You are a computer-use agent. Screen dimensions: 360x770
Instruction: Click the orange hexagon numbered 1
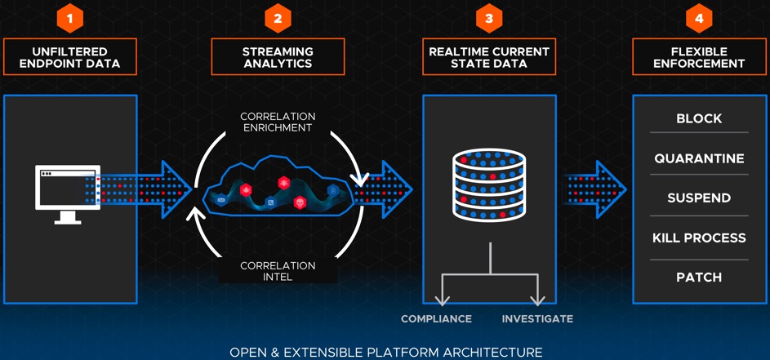click(69, 18)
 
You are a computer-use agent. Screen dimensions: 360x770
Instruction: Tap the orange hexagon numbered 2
click(278, 18)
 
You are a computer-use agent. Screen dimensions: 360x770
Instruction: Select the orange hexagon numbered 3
click(489, 18)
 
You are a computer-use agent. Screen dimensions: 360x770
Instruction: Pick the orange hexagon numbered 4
click(699, 18)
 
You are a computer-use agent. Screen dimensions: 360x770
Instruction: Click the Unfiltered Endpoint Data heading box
click(69, 57)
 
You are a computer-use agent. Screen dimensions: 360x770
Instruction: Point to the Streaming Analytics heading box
click(278, 57)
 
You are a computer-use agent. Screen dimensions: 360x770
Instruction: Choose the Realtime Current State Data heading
click(489, 57)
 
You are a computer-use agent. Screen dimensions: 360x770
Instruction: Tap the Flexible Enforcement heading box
click(699, 57)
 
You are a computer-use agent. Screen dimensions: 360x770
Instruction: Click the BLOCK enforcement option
click(699, 118)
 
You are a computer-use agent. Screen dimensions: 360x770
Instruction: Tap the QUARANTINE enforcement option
click(699, 158)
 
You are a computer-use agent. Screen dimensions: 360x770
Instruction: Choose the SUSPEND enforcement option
click(699, 198)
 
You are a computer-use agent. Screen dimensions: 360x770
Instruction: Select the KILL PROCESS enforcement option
click(699, 238)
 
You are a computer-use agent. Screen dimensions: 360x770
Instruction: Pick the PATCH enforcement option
click(699, 278)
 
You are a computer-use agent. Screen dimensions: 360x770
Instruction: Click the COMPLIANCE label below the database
click(436, 318)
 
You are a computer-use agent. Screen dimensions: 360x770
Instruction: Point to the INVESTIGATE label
click(537, 318)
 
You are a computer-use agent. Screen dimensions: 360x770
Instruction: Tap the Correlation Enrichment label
click(277, 122)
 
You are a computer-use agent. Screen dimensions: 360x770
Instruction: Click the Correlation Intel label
click(278, 271)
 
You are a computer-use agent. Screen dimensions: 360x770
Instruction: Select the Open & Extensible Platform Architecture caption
click(385, 352)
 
